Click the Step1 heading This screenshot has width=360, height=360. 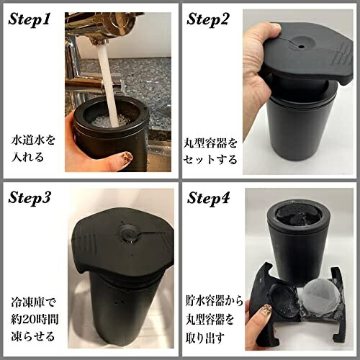(30, 19)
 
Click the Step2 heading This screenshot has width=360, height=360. (207, 19)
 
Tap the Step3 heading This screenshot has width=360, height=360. (30, 198)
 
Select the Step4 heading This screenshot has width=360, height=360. (208, 198)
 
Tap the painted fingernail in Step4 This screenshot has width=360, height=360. (267, 310)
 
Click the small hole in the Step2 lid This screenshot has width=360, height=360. (300, 46)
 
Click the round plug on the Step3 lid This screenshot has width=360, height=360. (129, 233)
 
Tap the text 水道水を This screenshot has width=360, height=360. (33, 140)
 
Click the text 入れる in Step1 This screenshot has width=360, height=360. (27, 158)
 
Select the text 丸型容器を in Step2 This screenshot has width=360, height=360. (210, 143)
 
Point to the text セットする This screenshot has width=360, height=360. (210, 160)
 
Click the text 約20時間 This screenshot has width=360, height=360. (35, 320)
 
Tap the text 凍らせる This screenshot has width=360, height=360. (33, 336)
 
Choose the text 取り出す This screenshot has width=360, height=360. (205, 337)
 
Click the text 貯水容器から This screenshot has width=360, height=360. (215, 302)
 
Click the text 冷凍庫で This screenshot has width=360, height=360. (33, 302)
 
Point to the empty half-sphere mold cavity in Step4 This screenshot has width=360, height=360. (283, 297)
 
